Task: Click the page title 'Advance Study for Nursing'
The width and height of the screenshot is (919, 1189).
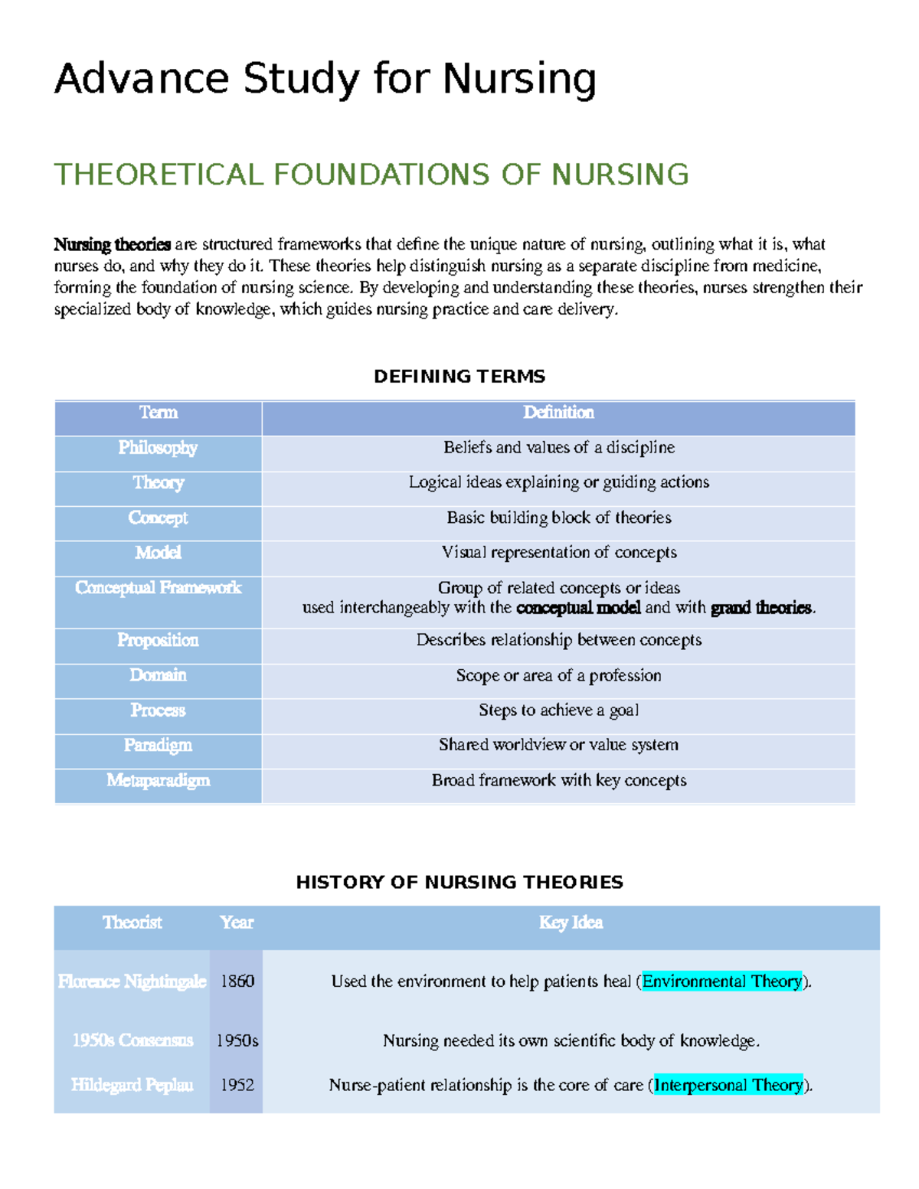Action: click(325, 79)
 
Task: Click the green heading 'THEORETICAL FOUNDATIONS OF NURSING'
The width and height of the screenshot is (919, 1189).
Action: click(371, 175)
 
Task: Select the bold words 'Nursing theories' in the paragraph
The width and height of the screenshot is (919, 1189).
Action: click(112, 244)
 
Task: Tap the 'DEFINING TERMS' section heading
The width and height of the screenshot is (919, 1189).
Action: click(459, 376)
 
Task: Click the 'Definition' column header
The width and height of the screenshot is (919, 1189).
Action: click(558, 413)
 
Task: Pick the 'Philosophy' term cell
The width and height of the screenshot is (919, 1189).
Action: click(158, 448)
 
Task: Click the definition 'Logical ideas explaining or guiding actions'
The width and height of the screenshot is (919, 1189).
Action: click(558, 482)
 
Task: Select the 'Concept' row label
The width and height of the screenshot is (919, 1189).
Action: click(158, 518)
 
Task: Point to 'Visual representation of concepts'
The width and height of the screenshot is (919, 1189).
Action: click(558, 553)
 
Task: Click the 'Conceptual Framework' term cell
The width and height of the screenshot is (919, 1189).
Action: click(158, 588)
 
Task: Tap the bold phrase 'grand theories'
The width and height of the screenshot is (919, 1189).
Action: click(761, 608)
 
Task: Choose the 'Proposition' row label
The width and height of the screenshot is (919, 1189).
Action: click(158, 640)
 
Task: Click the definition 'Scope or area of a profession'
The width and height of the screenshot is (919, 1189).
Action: click(558, 675)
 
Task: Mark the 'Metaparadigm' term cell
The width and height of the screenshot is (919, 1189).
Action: click(158, 780)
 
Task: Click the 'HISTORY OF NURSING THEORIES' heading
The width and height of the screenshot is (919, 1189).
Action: click(459, 882)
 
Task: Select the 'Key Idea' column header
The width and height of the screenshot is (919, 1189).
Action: click(571, 923)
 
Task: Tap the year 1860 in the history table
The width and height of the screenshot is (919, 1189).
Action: click(237, 982)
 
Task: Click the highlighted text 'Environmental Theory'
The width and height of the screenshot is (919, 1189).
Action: click(721, 982)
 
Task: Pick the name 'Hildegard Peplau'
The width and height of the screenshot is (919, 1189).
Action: click(132, 1085)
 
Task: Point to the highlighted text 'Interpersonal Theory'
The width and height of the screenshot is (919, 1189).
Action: click(728, 1085)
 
